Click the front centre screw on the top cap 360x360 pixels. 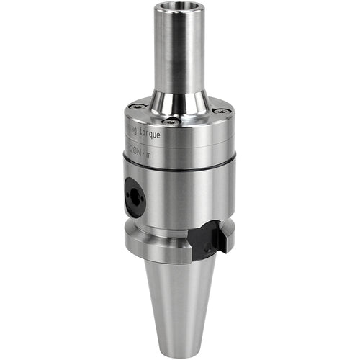(173, 121)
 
